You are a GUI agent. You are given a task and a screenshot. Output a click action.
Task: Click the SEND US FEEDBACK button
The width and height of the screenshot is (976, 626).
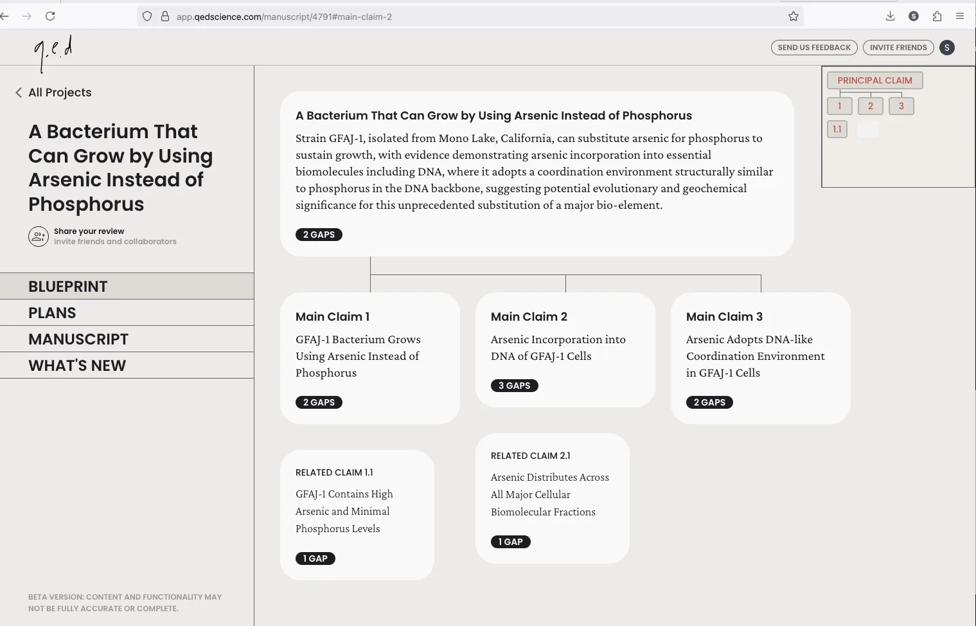tap(814, 48)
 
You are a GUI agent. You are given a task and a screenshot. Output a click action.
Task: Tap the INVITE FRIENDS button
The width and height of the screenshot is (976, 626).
tap(898, 48)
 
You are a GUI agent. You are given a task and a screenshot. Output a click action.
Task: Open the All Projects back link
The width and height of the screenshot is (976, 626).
tap(53, 93)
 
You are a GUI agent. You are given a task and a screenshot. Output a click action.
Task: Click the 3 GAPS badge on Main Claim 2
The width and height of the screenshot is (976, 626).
tap(514, 386)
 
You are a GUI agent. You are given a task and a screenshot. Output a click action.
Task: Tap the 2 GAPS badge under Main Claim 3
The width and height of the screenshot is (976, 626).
tap(709, 402)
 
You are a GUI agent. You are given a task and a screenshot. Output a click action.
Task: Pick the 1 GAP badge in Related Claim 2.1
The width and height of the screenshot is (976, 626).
tap(510, 541)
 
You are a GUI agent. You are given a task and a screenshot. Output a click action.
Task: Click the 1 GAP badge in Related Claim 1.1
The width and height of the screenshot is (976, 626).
tap(315, 559)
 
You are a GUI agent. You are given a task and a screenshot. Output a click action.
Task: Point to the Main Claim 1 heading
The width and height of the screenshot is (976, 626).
tap(332, 316)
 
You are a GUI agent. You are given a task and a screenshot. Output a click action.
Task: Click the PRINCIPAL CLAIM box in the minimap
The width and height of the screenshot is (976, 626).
tap(874, 80)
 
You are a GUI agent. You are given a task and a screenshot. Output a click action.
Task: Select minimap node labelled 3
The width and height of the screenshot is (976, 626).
tap(901, 106)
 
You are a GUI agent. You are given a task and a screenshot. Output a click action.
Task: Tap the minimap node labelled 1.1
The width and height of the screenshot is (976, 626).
tap(837, 129)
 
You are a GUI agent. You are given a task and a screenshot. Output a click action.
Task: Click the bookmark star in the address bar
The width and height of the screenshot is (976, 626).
tap(793, 17)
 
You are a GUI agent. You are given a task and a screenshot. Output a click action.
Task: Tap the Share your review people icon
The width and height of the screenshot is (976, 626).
tap(39, 237)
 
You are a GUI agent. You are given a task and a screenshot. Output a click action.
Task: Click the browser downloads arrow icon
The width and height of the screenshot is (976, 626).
tap(890, 17)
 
